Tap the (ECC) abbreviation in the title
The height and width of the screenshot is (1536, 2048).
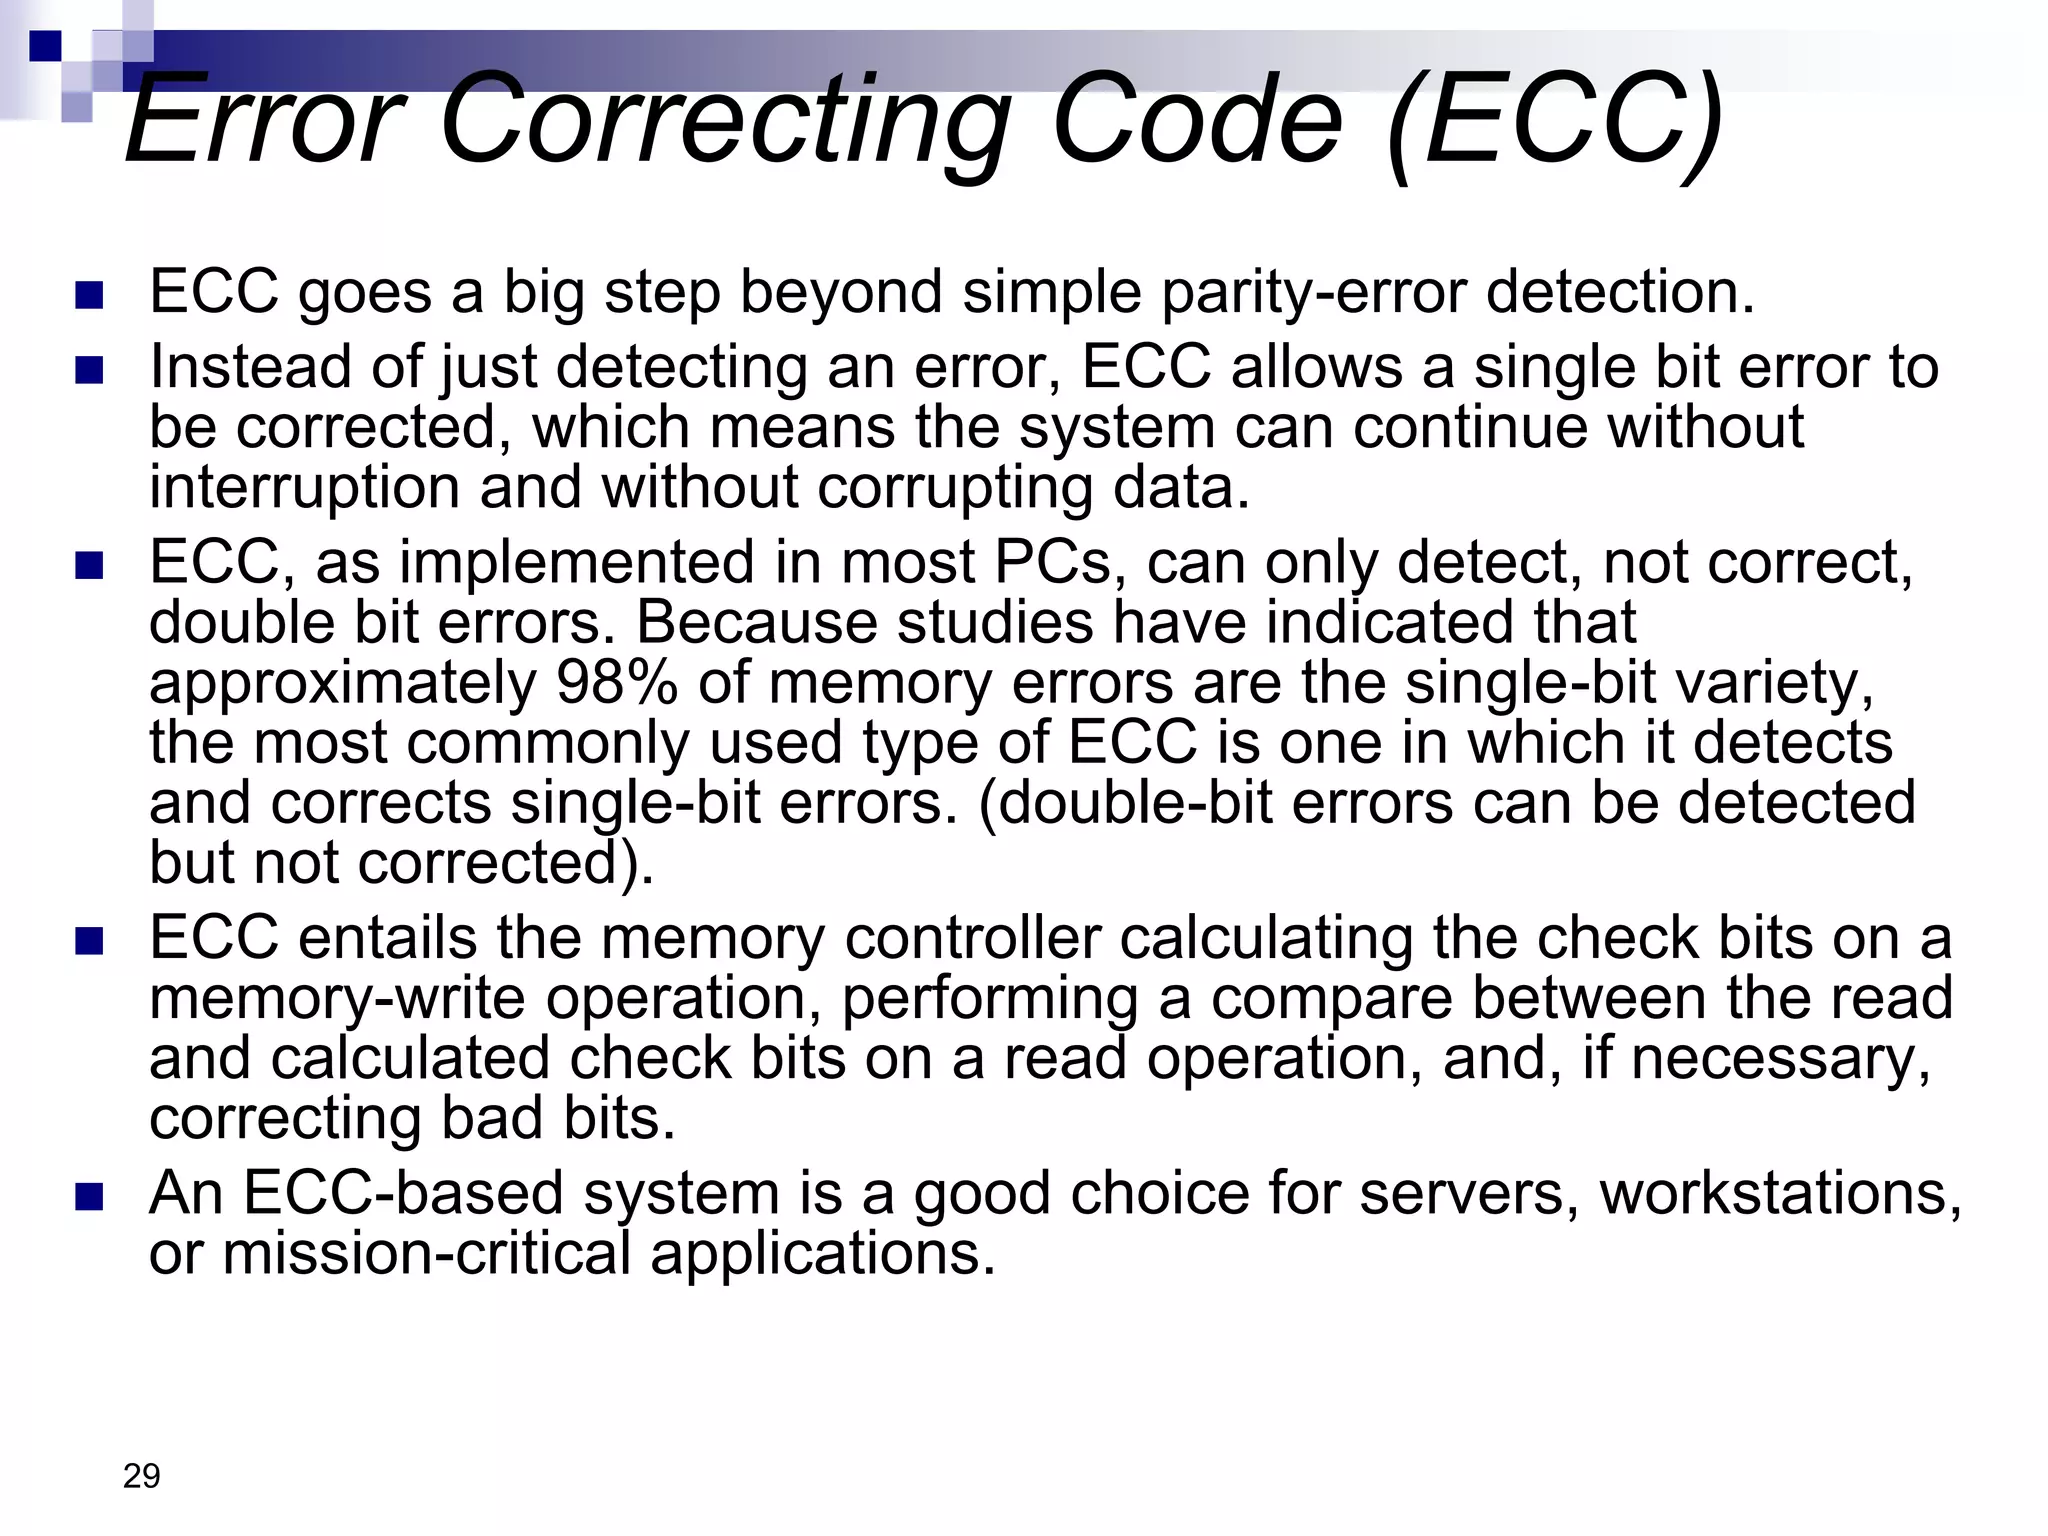pos(1555,120)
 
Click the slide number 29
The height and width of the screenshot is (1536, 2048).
pos(141,1476)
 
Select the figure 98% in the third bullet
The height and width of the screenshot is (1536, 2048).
pos(617,683)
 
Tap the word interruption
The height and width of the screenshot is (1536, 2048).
pos(304,488)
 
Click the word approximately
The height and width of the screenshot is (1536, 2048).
pos(343,685)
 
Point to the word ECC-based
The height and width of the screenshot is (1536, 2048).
pos(404,1193)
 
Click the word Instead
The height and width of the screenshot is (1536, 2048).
pos(250,367)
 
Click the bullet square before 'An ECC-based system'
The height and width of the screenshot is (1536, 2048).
pos(89,1196)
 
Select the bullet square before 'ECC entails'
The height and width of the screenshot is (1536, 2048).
pos(89,941)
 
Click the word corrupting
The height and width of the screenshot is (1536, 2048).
pos(955,488)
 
